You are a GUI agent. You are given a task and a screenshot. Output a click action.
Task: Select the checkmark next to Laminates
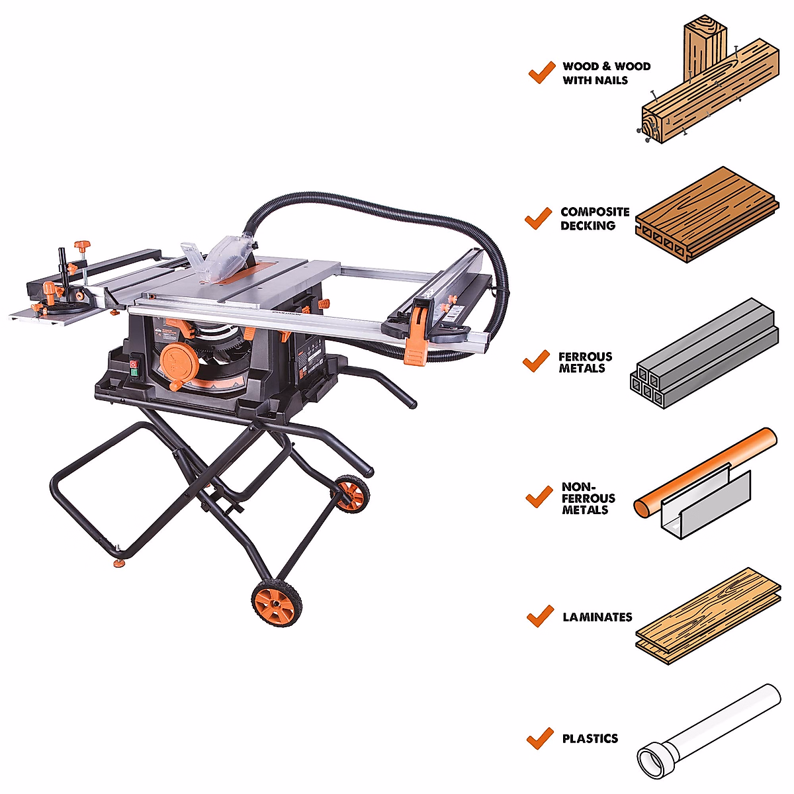(x=540, y=616)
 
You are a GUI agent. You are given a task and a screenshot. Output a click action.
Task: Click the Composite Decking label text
(x=594, y=218)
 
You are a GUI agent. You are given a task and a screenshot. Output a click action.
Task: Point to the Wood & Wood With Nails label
(x=606, y=73)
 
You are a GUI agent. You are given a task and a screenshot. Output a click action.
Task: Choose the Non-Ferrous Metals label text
(x=588, y=498)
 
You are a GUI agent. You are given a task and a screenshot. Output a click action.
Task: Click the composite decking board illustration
(x=705, y=215)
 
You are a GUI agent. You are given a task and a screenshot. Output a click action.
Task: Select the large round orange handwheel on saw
(x=175, y=361)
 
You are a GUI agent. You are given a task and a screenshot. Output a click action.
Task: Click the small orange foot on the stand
(x=119, y=562)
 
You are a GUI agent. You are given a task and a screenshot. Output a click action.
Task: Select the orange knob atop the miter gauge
(x=81, y=247)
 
